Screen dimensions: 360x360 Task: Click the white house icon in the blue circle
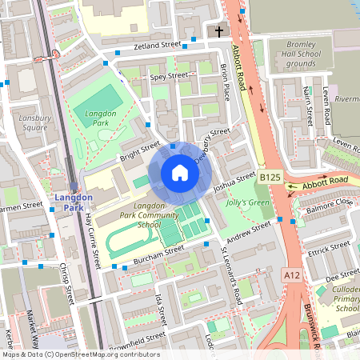click(180, 173)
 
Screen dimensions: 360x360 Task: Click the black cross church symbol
click(220, 32)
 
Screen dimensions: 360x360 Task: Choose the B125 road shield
click(269, 176)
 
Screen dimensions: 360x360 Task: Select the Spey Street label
click(169, 76)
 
